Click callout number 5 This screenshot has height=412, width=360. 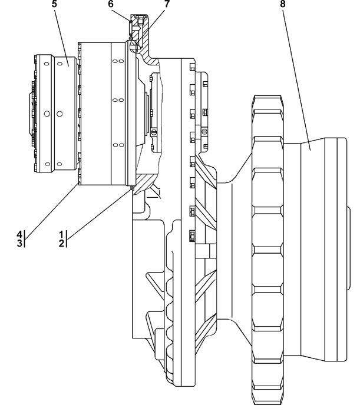(54, 4)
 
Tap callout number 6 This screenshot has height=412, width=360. (111, 4)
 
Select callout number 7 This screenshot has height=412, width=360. (167, 4)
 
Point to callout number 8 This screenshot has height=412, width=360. (283, 4)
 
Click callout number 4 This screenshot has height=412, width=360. (19, 235)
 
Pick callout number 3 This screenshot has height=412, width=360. (19, 243)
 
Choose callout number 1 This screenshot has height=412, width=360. (61, 235)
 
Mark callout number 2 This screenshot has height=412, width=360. (61, 243)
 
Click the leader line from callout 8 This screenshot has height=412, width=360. (296, 79)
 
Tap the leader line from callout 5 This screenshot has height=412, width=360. (61, 37)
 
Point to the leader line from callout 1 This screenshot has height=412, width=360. (100, 213)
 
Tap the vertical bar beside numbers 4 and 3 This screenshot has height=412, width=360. (25, 239)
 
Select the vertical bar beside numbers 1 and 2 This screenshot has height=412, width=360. (66, 239)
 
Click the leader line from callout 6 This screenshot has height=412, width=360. (121, 15)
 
